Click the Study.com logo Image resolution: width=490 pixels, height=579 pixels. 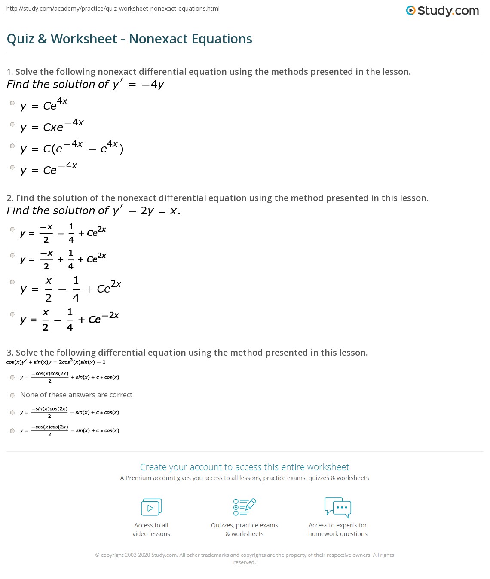pos(442,10)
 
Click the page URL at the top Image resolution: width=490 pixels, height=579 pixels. pos(113,9)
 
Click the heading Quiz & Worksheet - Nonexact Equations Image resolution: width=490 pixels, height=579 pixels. pos(129,39)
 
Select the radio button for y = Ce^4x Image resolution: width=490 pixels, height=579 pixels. pos(12,103)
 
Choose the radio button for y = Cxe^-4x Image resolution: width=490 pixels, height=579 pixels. pos(12,125)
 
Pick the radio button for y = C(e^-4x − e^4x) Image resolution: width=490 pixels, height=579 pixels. pos(12,146)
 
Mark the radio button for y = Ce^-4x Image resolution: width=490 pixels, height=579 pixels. pos(12,168)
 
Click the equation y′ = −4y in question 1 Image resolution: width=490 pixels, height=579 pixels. pos(138,84)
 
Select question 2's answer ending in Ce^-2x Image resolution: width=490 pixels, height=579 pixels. pos(12,314)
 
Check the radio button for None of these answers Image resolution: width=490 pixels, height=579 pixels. pos(12,395)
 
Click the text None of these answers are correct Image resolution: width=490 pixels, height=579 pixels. pos(76,395)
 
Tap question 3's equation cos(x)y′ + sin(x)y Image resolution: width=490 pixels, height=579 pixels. pos(56,362)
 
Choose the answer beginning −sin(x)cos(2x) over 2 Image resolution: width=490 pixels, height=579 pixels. pos(12,413)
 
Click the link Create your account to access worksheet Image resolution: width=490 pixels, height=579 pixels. pos(245,467)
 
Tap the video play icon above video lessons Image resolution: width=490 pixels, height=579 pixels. pos(151,507)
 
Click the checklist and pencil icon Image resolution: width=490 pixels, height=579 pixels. pos(245,507)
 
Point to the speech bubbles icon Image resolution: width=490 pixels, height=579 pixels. pos(338,507)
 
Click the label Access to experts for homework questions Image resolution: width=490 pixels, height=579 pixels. pos(338,530)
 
